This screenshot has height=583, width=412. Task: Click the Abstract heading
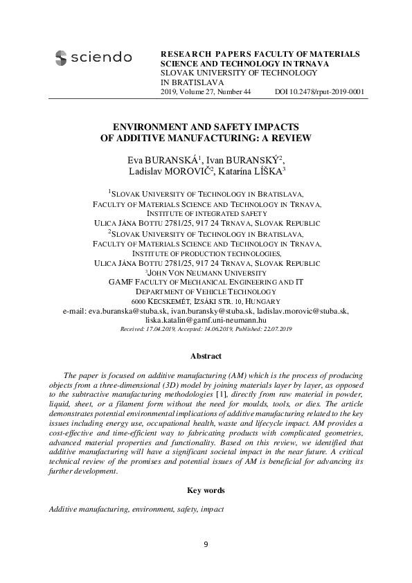pos(206,356)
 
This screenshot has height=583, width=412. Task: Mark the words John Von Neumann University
pos(206,273)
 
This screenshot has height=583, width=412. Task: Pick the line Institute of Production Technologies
pos(206,253)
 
